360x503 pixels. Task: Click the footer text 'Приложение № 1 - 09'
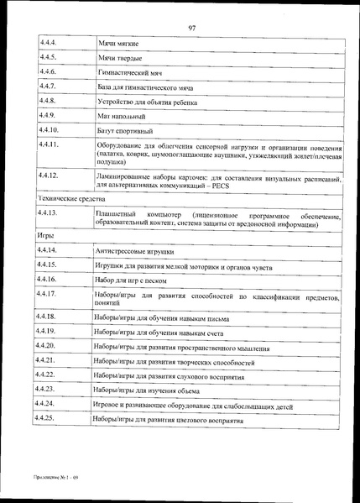pos(51,475)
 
